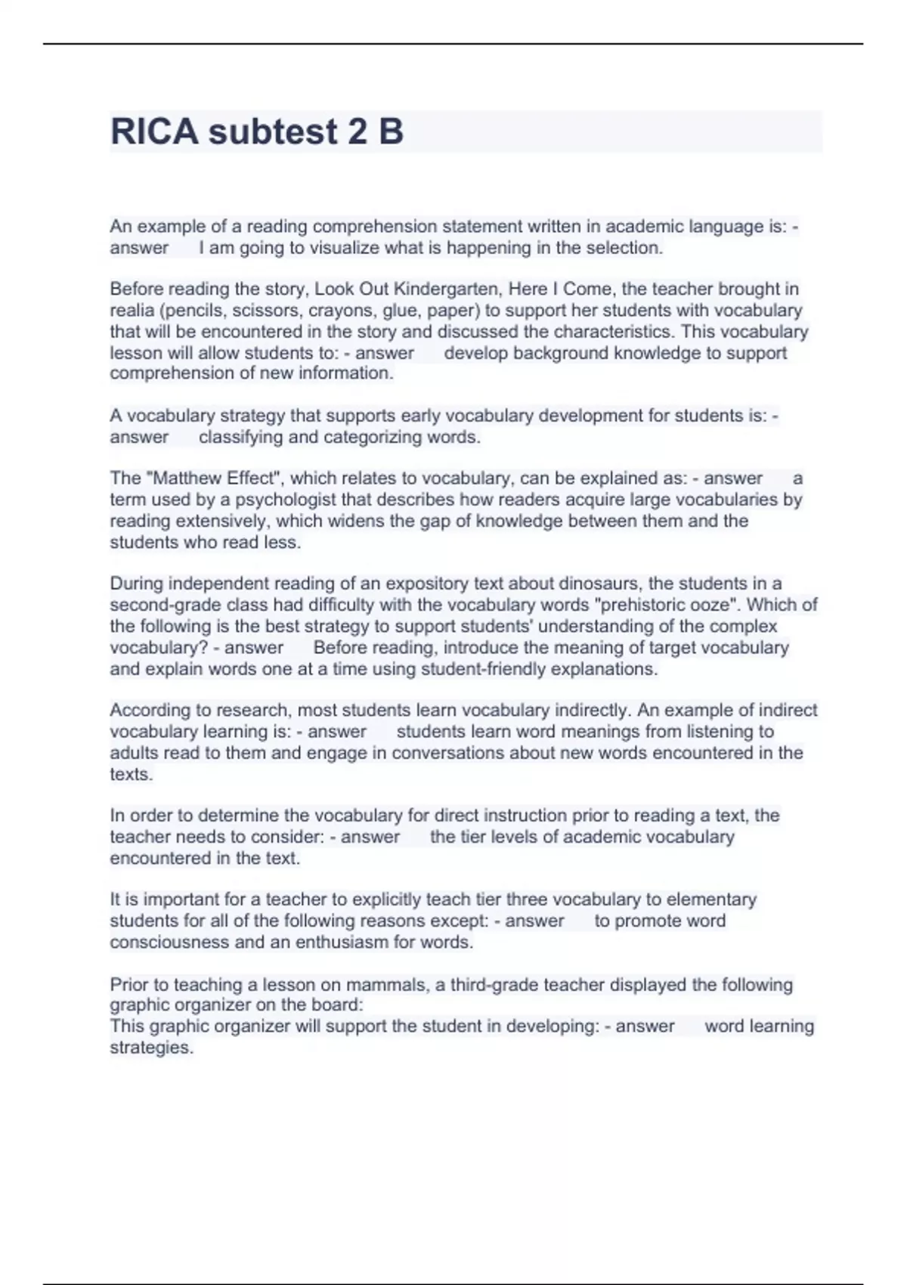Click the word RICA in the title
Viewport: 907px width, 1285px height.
click(x=154, y=132)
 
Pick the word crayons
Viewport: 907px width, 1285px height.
click(x=342, y=310)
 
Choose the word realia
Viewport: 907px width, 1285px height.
click(x=130, y=310)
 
